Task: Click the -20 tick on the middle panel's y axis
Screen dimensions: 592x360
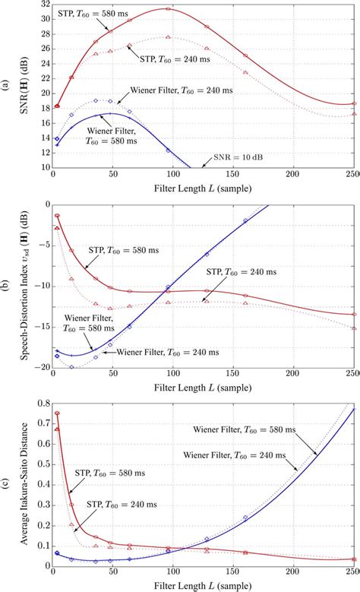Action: tap(38, 367)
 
